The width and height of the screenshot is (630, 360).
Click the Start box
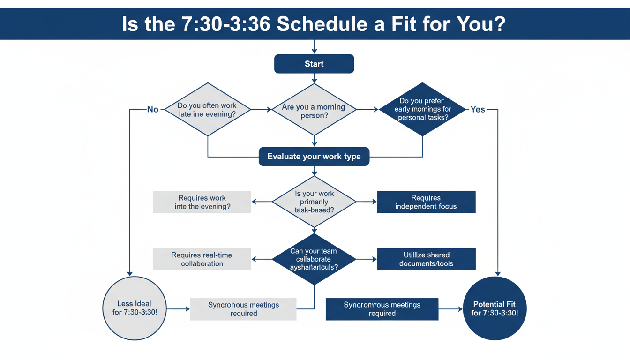coord(314,64)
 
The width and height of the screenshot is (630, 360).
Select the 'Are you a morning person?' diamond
coord(314,111)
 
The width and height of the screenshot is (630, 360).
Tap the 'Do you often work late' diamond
coord(207,110)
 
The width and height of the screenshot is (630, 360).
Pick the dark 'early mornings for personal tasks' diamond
coord(423,109)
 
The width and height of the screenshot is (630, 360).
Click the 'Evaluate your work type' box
coord(314,157)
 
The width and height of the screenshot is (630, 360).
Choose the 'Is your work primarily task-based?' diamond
coord(314,202)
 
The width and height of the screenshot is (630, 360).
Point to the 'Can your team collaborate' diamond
coord(314,259)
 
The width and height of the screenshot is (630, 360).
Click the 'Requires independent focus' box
coord(426,202)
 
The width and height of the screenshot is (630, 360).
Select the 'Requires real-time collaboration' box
coord(202,259)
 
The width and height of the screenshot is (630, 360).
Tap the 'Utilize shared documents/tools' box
coord(426,259)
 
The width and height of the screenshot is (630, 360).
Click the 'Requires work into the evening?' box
coord(202,202)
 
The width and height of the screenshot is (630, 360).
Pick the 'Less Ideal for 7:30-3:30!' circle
coord(134,308)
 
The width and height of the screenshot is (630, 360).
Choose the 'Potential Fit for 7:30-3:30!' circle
coord(495,308)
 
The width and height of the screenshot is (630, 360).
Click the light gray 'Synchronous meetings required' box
coord(243,309)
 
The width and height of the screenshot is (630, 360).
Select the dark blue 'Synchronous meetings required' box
coord(382,309)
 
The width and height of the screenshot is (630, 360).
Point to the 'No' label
coord(153,110)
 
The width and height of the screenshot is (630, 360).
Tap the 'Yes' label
coord(478,109)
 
